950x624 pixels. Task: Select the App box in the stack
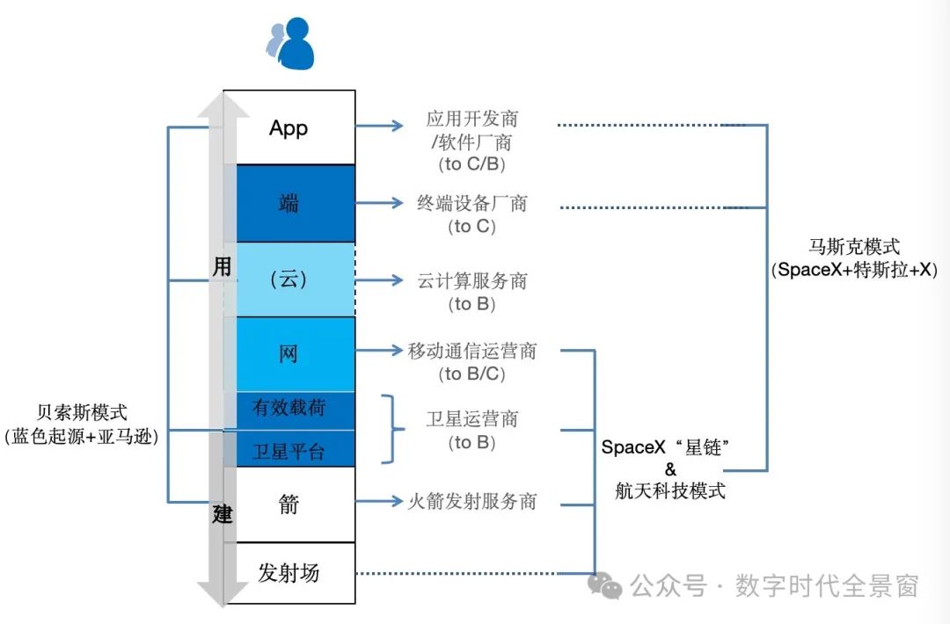point(289,127)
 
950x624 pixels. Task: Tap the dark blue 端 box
point(289,204)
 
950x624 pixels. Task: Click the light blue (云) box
point(289,280)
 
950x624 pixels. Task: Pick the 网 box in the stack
point(289,354)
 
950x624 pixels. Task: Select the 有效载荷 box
point(289,410)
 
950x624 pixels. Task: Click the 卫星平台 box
point(289,451)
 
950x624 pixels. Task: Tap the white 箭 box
point(289,504)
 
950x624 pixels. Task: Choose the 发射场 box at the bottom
point(289,573)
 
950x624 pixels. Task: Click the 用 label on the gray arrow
point(223,266)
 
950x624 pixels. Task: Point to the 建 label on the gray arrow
point(223,514)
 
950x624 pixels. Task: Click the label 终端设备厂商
point(472,204)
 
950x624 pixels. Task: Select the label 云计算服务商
point(472,281)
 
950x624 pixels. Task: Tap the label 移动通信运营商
point(472,352)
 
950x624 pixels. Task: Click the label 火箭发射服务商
point(472,502)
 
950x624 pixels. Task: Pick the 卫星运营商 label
point(472,419)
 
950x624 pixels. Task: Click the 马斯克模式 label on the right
point(855,248)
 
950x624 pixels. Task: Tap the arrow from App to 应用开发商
point(379,127)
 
